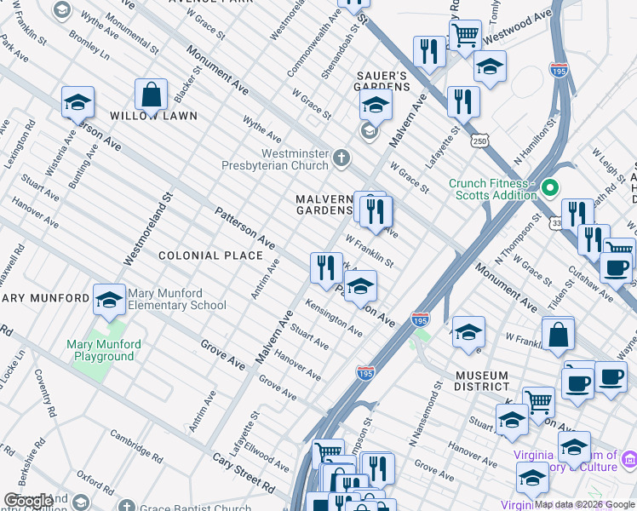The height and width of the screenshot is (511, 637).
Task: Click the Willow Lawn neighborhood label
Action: [x=153, y=115]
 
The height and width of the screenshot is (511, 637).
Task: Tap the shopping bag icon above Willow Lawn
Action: [x=151, y=97]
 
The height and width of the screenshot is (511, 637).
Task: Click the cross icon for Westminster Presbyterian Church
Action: [x=341, y=158]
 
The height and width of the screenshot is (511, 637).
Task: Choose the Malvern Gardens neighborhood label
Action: [x=324, y=204]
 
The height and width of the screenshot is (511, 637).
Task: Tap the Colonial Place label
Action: [x=210, y=255]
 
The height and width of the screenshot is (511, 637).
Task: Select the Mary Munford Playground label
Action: [x=104, y=350]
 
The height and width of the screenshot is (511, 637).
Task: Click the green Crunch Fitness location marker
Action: [x=550, y=187]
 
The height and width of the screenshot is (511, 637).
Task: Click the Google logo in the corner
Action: [x=29, y=501]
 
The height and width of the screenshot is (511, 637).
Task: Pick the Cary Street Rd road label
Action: [x=244, y=474]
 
